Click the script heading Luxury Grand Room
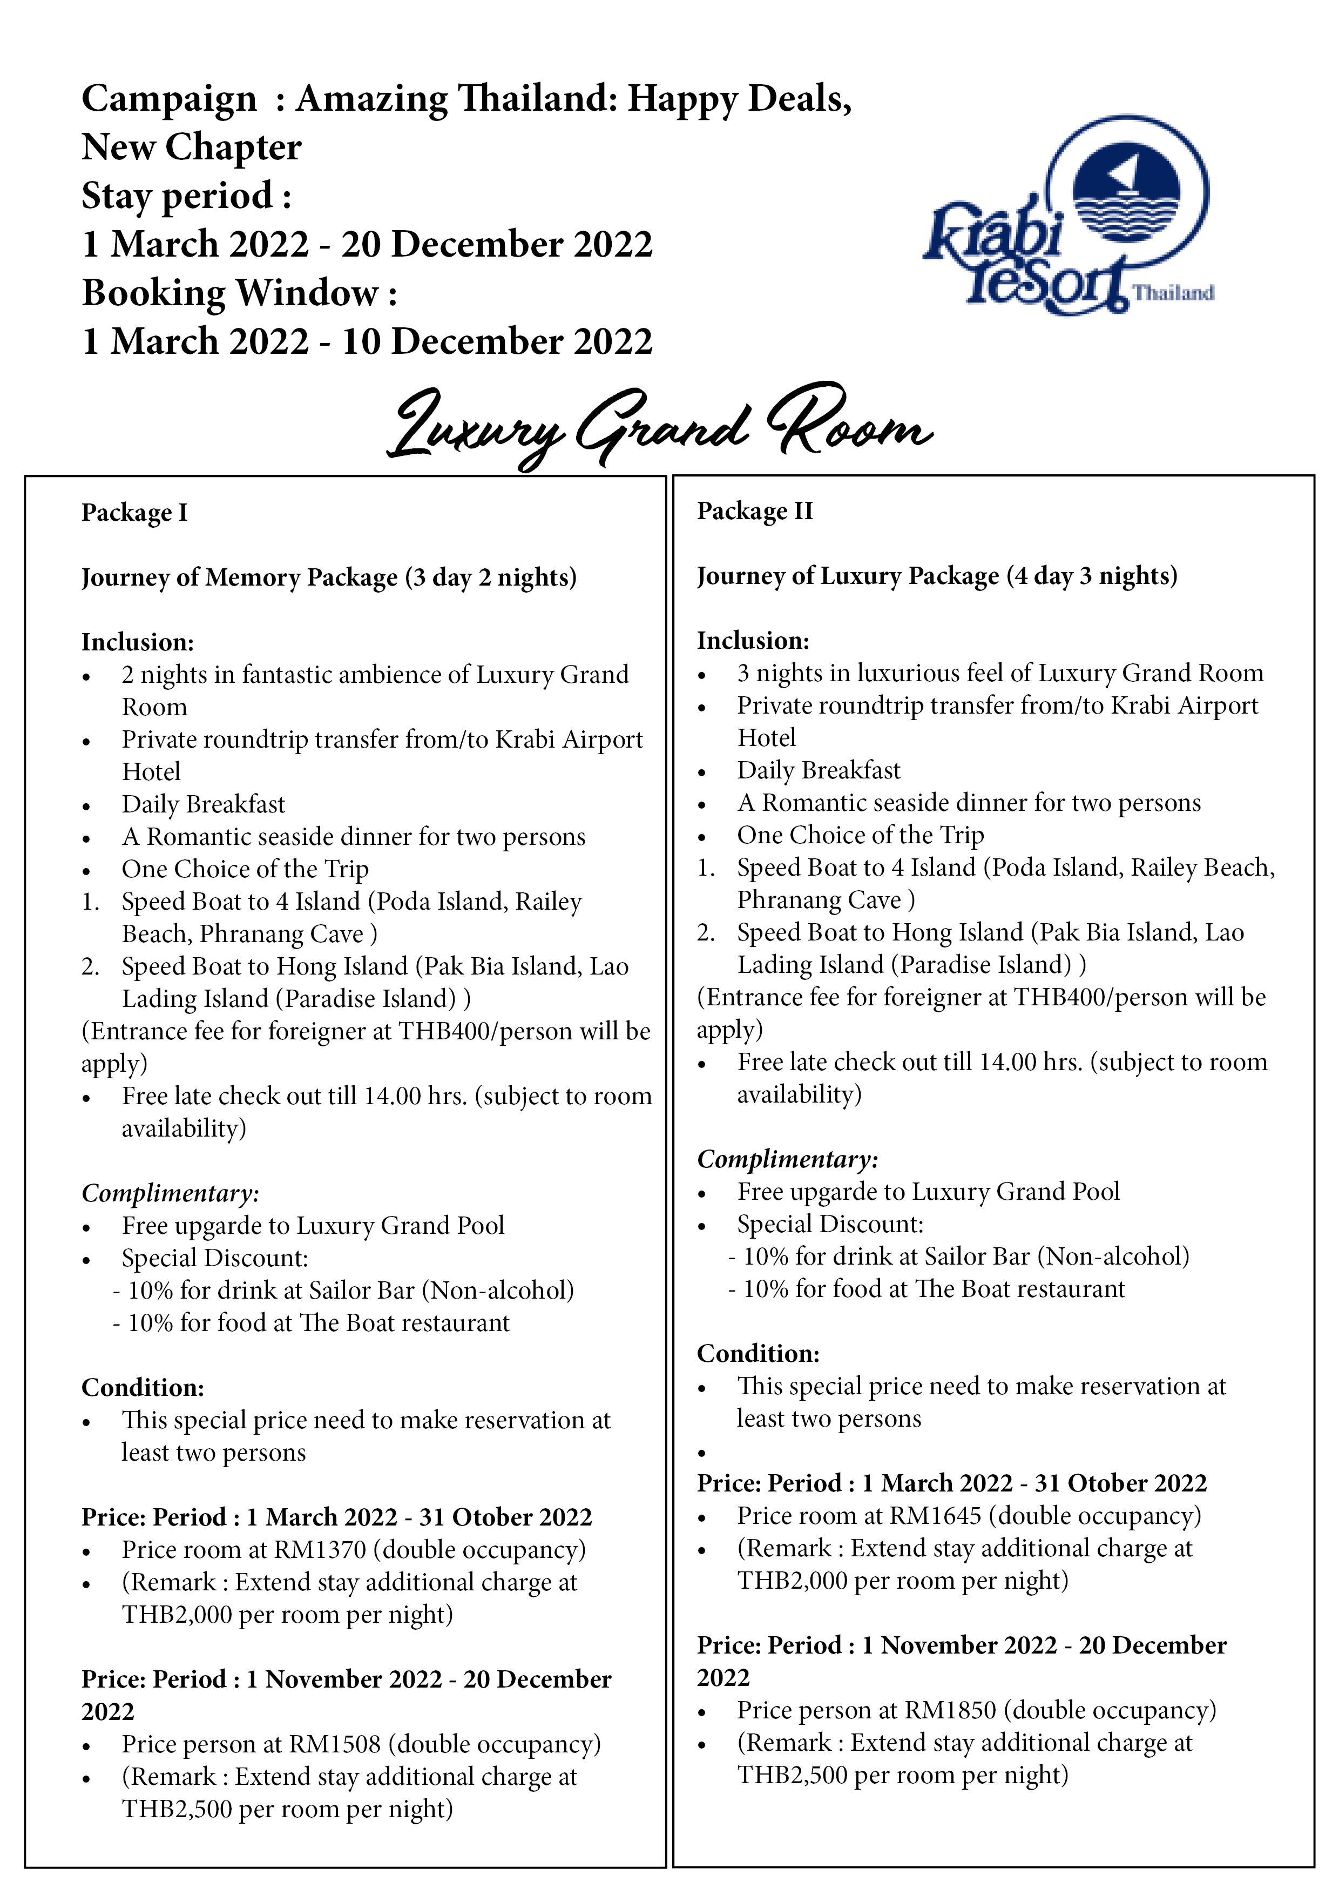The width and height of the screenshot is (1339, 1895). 660,426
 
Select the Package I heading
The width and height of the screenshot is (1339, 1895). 134,513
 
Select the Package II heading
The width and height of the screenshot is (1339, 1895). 755,511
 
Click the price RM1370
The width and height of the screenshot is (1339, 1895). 319,1549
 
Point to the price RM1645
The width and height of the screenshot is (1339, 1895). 935,1515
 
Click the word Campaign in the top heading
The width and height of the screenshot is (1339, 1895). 169,99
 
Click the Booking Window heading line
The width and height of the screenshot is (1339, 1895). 239,293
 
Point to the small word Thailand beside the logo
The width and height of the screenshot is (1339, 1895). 1172,293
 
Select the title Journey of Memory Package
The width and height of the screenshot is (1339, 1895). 239,577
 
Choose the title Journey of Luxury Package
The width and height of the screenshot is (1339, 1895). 847,575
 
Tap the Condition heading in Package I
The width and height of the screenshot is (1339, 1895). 143,1387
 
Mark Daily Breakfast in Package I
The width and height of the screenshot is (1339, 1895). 203,804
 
